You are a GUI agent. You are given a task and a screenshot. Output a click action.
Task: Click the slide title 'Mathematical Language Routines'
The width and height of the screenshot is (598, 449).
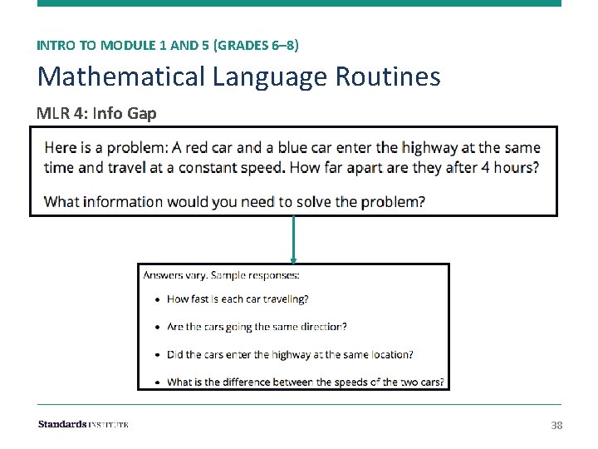[238, 76]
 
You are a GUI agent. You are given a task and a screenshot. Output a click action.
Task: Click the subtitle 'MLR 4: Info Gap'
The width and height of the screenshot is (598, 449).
[96, 113]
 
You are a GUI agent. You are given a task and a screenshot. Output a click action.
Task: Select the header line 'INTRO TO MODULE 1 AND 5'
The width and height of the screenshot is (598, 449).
[123, 45]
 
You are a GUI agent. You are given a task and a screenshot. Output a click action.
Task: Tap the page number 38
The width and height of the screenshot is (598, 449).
[556, 426]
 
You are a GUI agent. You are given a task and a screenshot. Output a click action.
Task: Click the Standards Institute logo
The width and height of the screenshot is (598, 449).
[83, 425]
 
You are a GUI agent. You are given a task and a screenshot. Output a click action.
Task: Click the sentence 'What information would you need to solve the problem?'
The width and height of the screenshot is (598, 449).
[234, 201]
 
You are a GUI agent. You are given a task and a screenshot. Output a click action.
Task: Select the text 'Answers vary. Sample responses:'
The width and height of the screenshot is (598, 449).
[221, 275]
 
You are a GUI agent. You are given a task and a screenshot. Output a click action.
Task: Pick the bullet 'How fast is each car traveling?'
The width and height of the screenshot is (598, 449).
[237, 299]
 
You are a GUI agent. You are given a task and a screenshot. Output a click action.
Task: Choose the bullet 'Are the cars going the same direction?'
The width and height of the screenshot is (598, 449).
[257, 327]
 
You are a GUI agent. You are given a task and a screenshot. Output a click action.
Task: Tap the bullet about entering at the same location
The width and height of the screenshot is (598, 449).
[290, 354]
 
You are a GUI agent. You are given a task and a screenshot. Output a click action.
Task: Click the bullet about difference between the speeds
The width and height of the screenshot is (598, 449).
[306, 382]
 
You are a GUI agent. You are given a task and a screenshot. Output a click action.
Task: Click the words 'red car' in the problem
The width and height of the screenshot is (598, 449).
[208, 148]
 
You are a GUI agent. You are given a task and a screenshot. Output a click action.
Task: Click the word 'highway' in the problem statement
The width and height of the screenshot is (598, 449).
[429, 148]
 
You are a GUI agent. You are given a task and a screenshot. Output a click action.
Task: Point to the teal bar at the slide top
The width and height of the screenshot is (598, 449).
[299, 3]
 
